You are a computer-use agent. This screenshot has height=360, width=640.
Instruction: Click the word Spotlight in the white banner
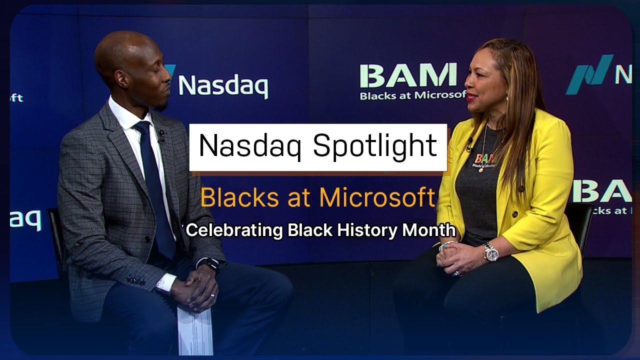tap(375, 146)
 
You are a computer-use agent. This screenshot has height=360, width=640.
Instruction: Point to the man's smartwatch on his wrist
tap(213, 263)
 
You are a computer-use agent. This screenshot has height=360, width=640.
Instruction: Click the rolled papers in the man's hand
tap(194, 330)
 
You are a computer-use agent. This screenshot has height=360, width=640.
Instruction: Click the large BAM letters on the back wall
tap(407, 76)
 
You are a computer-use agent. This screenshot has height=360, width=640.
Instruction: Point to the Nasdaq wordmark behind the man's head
tap(222, 86)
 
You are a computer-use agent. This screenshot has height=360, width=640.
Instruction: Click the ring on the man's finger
tap(212, 296)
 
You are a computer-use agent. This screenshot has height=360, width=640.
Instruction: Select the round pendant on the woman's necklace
tap(480, 170)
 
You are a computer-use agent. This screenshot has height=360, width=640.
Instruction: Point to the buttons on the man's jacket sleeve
tap(135, 281)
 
